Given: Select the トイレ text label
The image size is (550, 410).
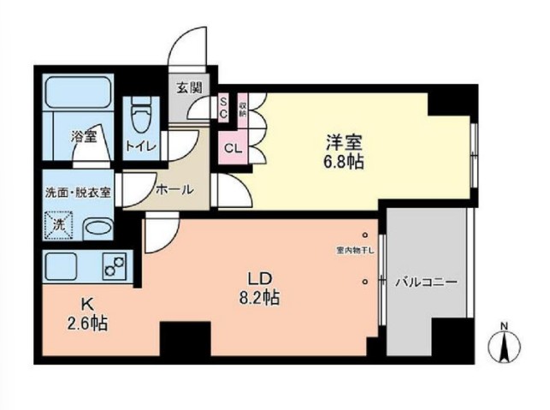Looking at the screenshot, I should pyautogui.click(x=141, y=146).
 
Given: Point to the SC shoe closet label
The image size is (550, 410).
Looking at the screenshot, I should pyautogui.click(x=224, y=108).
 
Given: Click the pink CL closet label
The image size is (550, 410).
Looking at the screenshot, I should pyautogui.click(x=232, y=147).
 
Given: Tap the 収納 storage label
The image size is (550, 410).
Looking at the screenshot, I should pyautogui.click(x=243, y=108).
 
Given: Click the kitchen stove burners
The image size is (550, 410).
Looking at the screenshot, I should pyautogui.click(x=113, y=266).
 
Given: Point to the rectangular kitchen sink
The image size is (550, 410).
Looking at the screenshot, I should pyautogui.click(x=64, y=266).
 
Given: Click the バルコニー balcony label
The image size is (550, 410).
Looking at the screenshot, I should pyautogui.click(x=426, y=281).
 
